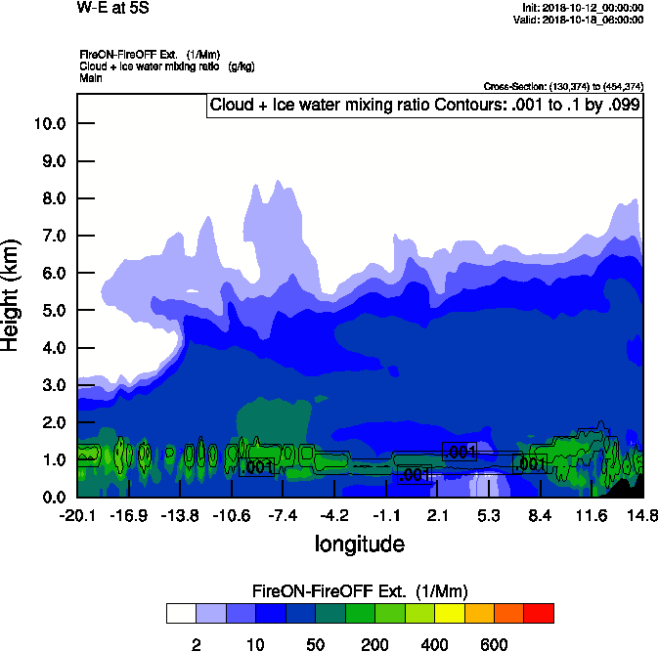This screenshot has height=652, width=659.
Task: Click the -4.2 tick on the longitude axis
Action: pyautogui.click(x=334, y=515)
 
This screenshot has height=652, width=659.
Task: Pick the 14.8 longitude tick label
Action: pyautogui.click(x=642, y=515)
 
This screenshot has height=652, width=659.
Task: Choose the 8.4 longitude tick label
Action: pyautogui.click(x=541, y=515)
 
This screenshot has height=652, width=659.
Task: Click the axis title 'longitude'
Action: pyautogui.click(x=359, y=543)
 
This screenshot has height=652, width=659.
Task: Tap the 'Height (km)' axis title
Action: pyautogui.click(x=13, y=292)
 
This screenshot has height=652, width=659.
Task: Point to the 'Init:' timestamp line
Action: pyautogui.click(x=584, y=8)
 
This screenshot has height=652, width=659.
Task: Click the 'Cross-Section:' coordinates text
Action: pyautogui.click(x=563, y=86)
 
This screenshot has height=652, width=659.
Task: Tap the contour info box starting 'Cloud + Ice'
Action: pyautogui.click(x=424, y=105)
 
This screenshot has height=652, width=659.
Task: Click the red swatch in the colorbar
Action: pyautogui.click(x=538, y=613)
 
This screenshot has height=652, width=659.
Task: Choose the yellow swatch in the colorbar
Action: pyautogui.click(x=448, y=613)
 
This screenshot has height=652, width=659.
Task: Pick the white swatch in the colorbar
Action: pyautogui.click(x=181, y=613)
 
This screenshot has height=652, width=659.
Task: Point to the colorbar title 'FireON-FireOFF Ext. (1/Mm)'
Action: pyautogui.click(x=360, y=591)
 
